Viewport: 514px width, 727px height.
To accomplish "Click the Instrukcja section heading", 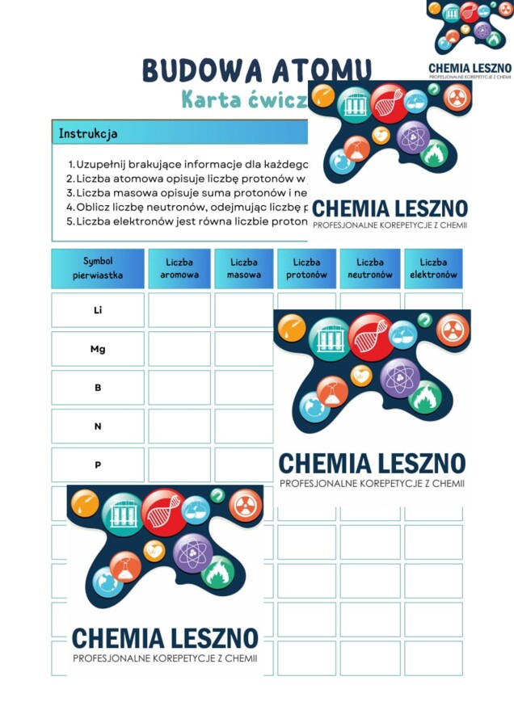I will click(x=88, y=133).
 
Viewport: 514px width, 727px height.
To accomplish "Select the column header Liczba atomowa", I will click(x=179, y=268).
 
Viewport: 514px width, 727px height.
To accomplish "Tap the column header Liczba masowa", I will click(x=243, y=268).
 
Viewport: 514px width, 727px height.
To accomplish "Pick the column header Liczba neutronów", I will click(x=370, y=268).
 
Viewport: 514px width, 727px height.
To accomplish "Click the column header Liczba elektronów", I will click(x=433, y=268).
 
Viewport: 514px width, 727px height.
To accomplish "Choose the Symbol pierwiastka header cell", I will click(x=98, y=268).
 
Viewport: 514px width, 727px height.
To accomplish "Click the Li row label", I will click(x=98, y=310).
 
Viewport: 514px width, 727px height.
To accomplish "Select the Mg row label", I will click(x=98, y=349).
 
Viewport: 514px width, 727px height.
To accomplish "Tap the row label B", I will click(x=98, y=388).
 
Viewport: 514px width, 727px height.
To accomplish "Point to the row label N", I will click(x=98, y=427).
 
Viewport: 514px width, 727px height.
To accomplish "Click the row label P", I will click(x=98, y=465).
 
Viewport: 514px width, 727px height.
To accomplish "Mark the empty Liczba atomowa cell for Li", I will click(x=179, y=310).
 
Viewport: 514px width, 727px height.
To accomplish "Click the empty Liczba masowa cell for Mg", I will click(x=243, y=349).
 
